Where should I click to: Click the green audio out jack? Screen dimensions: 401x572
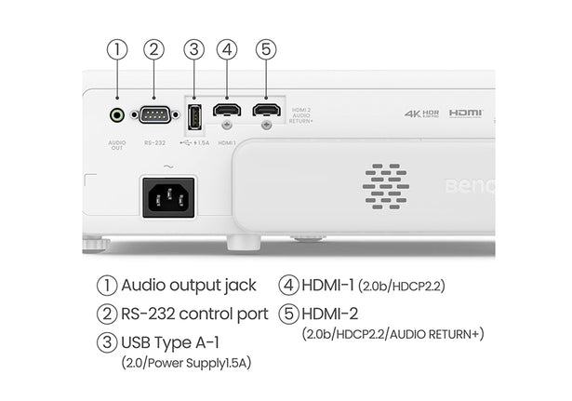click(x=117, y=115)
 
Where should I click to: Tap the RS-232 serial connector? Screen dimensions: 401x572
click(x=154, y=115)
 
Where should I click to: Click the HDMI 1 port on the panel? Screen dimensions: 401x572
click(x=226, y=111)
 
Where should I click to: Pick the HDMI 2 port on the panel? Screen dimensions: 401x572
click(x=267, y=111)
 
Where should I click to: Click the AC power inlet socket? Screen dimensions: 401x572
click(x=167, y=196)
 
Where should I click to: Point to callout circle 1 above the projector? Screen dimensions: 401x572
click(x=117, y=50)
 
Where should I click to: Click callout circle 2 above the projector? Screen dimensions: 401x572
click(x=154, y=50)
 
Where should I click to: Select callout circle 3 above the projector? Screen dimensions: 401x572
click(x=193, y=50)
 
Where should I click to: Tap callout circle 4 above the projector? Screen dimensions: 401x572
click(x=227, y=50)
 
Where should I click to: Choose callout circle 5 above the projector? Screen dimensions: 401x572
click(x=266, y=50)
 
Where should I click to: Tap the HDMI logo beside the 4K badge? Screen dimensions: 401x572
click(x=466, y=113)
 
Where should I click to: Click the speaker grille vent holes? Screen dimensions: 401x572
click(x=385, y=184)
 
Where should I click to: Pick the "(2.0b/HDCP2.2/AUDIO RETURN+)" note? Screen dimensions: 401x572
click(x=392, y=333)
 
